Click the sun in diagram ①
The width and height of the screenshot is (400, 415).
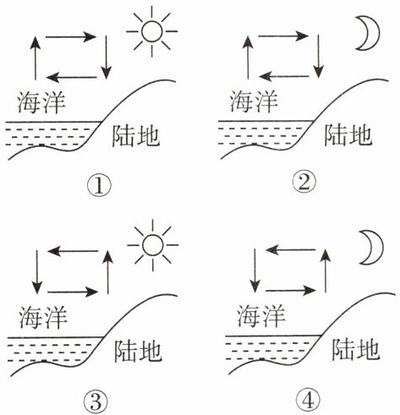point(152,31)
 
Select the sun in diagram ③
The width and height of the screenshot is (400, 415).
point(153,245)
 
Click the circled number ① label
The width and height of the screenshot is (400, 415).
point(99,186)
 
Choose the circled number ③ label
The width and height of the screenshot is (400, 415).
point(96,401)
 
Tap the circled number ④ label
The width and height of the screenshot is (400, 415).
point(309,401)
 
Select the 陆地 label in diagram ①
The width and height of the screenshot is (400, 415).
point(136,136)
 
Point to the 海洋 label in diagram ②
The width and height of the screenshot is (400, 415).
point(254,101)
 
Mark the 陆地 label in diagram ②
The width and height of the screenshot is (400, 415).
point(348,135)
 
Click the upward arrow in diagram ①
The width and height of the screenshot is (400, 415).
point(36,57)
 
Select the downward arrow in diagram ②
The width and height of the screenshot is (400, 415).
point(319,57)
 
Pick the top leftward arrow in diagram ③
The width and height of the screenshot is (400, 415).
point(74,251)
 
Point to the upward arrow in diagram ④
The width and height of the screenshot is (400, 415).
point(326,270)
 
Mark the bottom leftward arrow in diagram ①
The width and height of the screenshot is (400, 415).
point(72,77)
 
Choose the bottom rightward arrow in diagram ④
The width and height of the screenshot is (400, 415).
point(291,291)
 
